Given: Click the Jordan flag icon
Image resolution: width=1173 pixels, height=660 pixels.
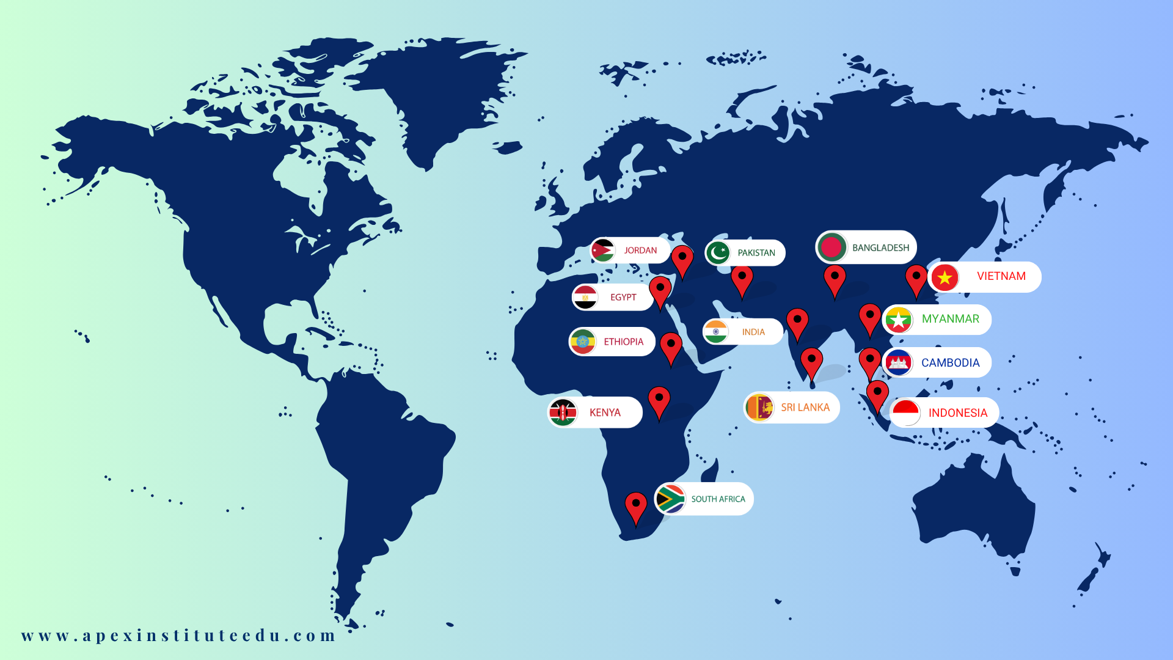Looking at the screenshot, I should (603, 250).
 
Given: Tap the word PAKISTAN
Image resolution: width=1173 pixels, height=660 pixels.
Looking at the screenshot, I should (756, 253).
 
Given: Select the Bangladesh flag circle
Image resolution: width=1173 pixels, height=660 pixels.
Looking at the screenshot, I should (831, 248).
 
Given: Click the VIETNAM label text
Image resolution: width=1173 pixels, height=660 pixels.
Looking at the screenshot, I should (1001, 276).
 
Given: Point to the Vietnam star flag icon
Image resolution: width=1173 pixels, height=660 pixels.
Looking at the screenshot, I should (945, 277).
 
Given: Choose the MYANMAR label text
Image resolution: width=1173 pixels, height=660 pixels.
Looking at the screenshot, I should (950, 319).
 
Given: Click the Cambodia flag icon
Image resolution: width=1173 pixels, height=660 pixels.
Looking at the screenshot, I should (898, 363).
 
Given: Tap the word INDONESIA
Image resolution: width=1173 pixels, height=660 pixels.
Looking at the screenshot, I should (957, 413).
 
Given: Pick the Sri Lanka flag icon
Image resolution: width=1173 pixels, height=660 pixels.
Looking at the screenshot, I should (759, 408).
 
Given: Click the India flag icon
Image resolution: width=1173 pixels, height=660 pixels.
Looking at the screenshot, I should (715, 332).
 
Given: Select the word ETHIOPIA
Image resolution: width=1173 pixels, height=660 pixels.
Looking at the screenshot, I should (623, 342).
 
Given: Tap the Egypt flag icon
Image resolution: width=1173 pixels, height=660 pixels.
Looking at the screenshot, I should (585, 298).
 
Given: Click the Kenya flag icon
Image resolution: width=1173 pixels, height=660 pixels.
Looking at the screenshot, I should (563, 413).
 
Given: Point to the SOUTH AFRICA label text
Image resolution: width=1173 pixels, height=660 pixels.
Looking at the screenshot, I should (718, 499).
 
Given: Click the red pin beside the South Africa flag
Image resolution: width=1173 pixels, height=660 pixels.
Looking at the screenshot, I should (635, 507).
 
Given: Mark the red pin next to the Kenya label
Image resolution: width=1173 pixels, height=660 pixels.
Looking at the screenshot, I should (659, 401).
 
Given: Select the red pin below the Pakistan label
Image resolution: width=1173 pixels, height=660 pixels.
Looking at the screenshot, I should (742, 280).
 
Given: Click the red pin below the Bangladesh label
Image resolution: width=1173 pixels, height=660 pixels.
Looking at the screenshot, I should (835, 279).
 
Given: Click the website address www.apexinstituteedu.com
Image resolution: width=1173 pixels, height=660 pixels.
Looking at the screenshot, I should (178, 636).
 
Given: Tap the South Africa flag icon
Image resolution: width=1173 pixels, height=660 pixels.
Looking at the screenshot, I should (670, 499).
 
